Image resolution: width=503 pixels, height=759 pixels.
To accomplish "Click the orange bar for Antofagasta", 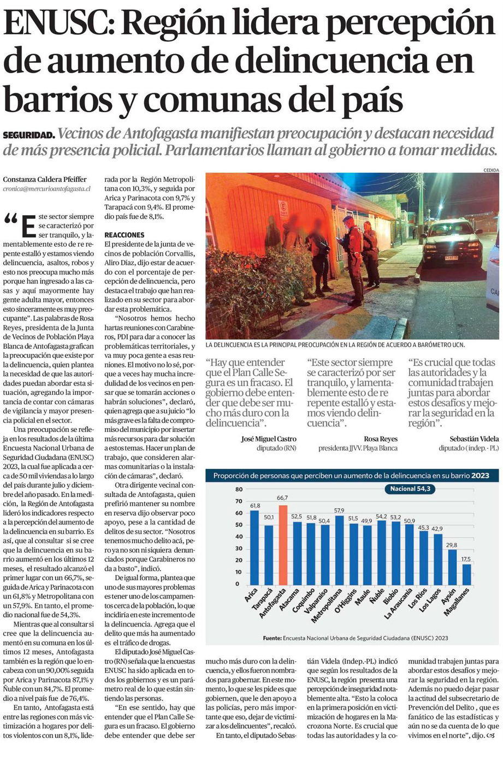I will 282,545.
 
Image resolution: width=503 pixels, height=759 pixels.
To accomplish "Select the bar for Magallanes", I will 466,574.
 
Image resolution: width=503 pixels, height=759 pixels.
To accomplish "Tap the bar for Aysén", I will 452,567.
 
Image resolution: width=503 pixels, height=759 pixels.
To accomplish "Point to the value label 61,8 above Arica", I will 255,506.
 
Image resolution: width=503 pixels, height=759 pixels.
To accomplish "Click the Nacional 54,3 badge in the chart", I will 410,489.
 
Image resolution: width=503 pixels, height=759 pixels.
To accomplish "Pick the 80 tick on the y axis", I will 239,490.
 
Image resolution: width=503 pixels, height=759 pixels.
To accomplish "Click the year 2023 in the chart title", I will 481,476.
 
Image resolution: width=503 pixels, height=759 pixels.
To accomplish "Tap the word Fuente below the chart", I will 271,638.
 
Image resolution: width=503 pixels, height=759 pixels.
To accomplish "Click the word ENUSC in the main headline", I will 59,23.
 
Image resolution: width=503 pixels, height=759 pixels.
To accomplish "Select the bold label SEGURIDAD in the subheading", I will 28,135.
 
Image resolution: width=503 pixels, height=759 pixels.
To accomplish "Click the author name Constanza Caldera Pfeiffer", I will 45,179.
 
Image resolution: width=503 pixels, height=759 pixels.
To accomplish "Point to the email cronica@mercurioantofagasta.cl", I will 46,188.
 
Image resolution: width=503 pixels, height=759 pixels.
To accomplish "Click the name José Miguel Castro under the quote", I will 269,438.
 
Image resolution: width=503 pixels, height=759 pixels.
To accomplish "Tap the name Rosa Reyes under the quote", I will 381,438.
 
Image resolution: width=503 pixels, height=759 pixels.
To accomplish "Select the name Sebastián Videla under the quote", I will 474,438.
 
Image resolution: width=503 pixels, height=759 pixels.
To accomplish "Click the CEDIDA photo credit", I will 491,170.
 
